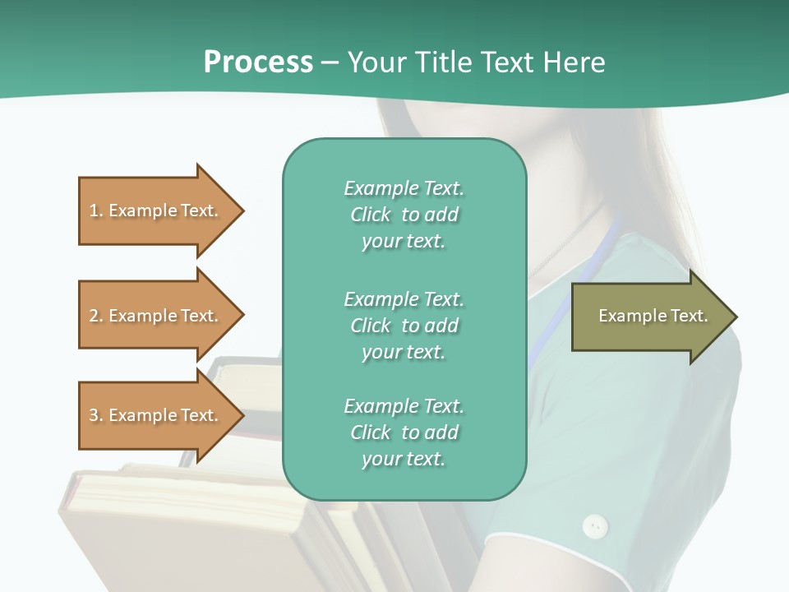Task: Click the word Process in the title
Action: click(258, 62)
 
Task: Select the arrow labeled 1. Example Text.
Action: click(156, 210)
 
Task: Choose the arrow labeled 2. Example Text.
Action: click(156, 316)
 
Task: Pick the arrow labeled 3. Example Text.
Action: click(156, 415)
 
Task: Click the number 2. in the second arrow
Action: click(96, 316)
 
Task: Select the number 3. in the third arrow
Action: click(96, 415)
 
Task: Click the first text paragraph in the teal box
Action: click(404, 215)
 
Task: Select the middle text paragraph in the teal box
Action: click(404, 326)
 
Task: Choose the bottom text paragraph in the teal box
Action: click(404, 432)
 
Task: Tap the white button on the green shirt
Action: click(595, 526)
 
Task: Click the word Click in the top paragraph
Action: click(371, 215)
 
